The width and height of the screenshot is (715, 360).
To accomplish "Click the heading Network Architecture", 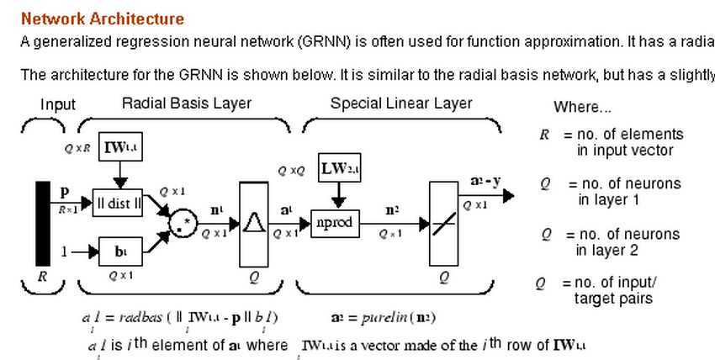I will [x=102, y=19].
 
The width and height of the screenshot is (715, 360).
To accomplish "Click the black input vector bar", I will [x=42, y=224].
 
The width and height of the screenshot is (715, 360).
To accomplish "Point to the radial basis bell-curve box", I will [x=253, y=223].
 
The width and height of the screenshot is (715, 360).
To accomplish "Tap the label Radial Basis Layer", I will [x=187, y=103].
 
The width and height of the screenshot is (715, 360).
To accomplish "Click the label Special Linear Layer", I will [x=401, y=103].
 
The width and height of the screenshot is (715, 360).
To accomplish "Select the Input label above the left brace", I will [x=58, y=105].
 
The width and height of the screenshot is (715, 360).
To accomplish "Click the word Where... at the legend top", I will [x=582, y=108].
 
